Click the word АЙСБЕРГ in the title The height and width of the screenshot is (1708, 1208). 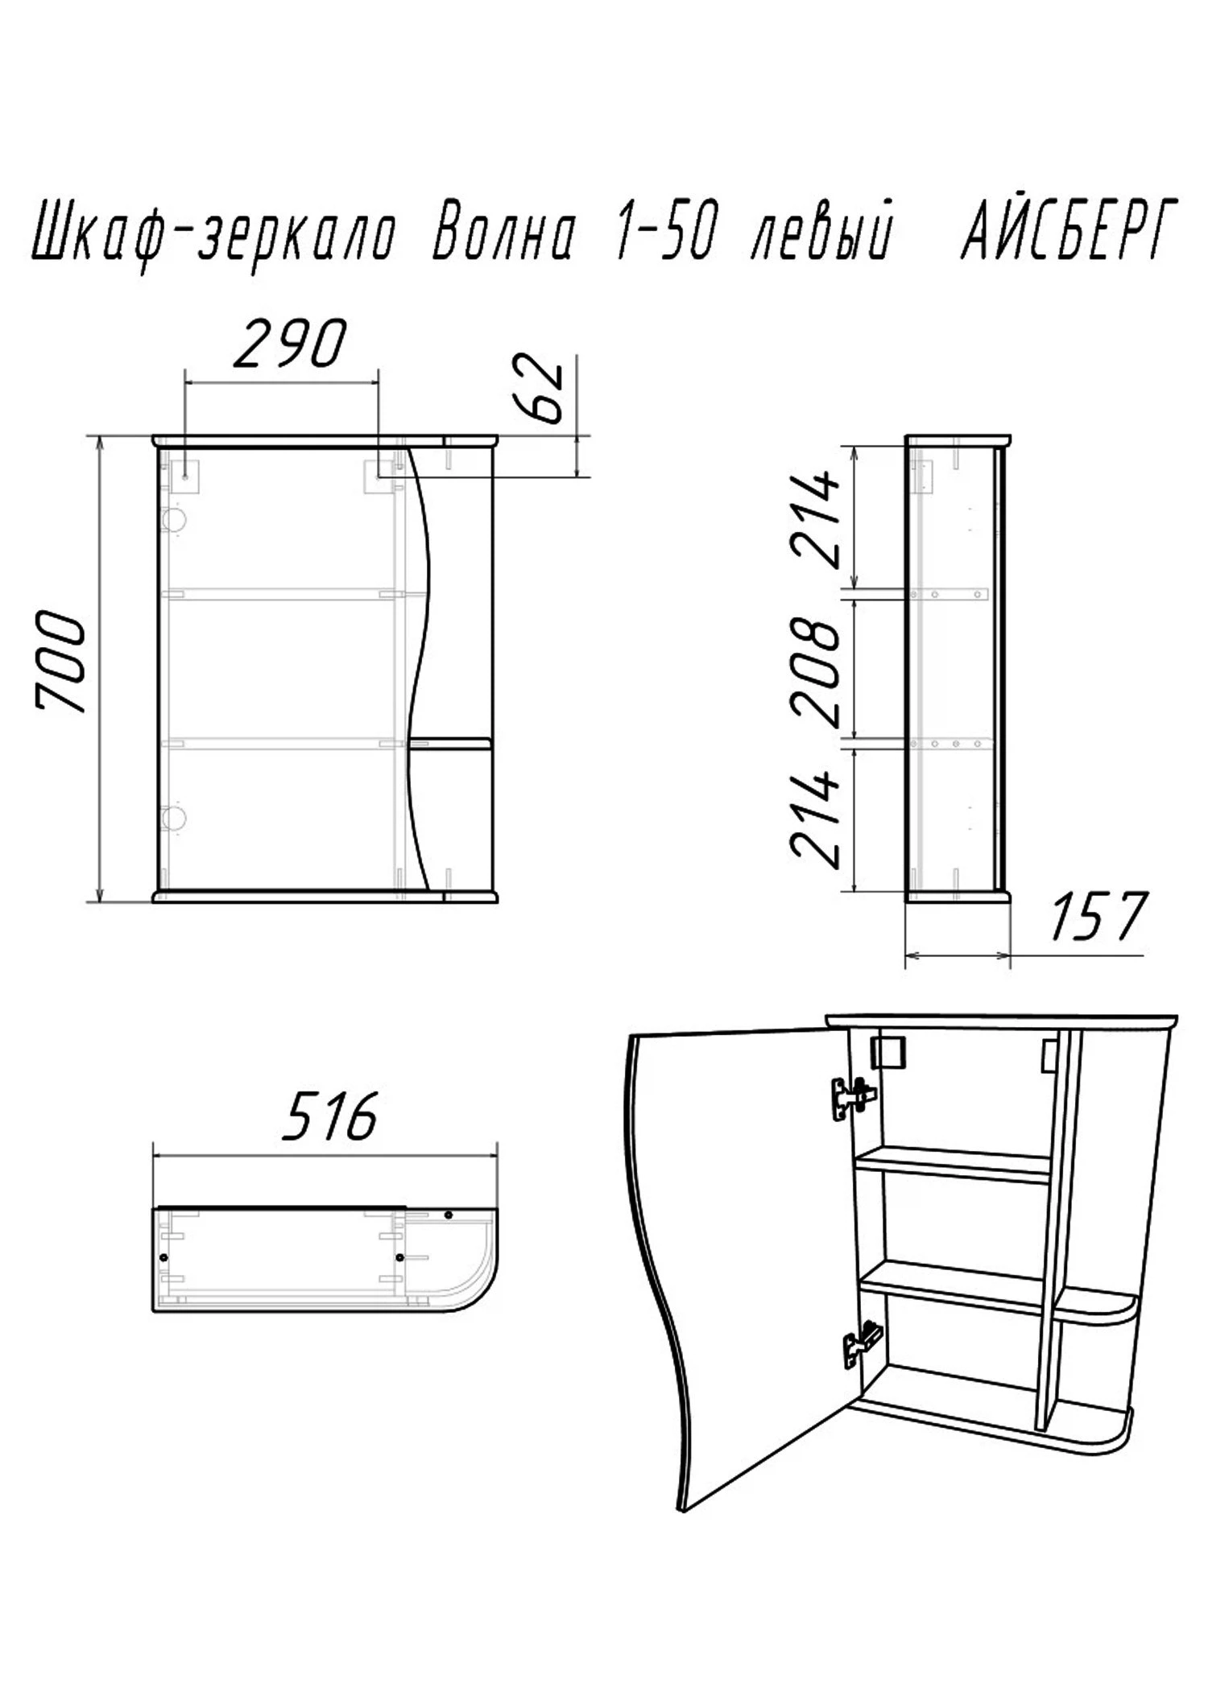1069,230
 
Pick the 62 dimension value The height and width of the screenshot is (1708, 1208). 538,388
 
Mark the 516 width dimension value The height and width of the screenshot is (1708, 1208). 329,1116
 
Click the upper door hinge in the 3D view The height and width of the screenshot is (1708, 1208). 853,1098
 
